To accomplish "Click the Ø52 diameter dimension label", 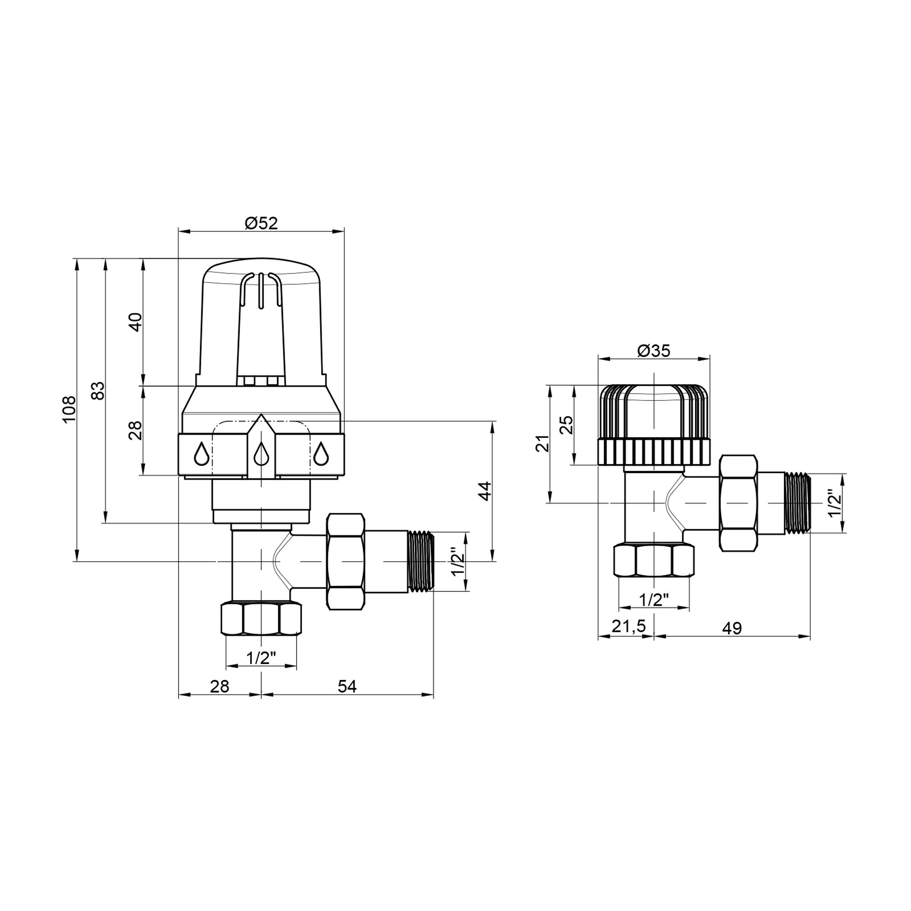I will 261,223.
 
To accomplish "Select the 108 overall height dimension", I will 69,409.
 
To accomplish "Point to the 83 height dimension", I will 97,390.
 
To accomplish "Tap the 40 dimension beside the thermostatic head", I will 135,322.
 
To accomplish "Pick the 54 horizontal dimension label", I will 347,687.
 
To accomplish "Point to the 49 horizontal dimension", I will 732,628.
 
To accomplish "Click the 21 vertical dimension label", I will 544,444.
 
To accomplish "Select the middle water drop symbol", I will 261,455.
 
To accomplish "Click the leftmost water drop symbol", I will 201,454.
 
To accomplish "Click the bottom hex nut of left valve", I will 261,619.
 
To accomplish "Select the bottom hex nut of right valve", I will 654,561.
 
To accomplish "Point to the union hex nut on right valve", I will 738,503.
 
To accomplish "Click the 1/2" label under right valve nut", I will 654,600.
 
